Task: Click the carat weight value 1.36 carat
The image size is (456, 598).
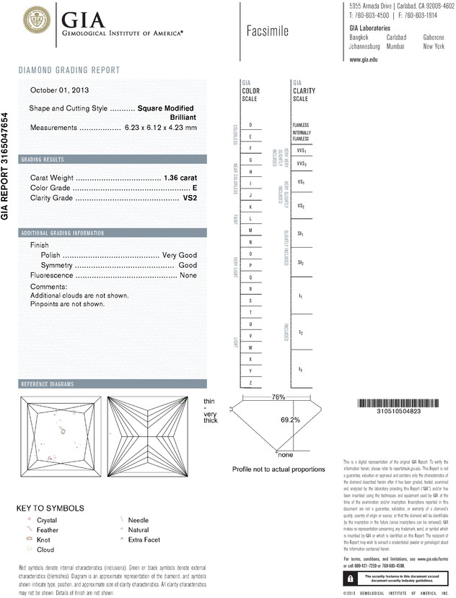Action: click(180, 178)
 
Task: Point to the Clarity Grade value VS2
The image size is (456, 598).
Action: click(190, 196)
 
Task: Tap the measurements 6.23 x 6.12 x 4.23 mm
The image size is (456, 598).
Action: click(161, 127)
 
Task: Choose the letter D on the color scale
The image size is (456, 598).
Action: click(250, 125)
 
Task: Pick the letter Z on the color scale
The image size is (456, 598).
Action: click(250, 382)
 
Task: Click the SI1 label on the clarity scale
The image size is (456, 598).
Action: click(300, 235)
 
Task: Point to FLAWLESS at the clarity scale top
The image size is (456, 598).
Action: click(301, 125)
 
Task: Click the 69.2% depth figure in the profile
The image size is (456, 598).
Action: click(290, 420)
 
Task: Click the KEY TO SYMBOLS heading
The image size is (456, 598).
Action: click(50, 508)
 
